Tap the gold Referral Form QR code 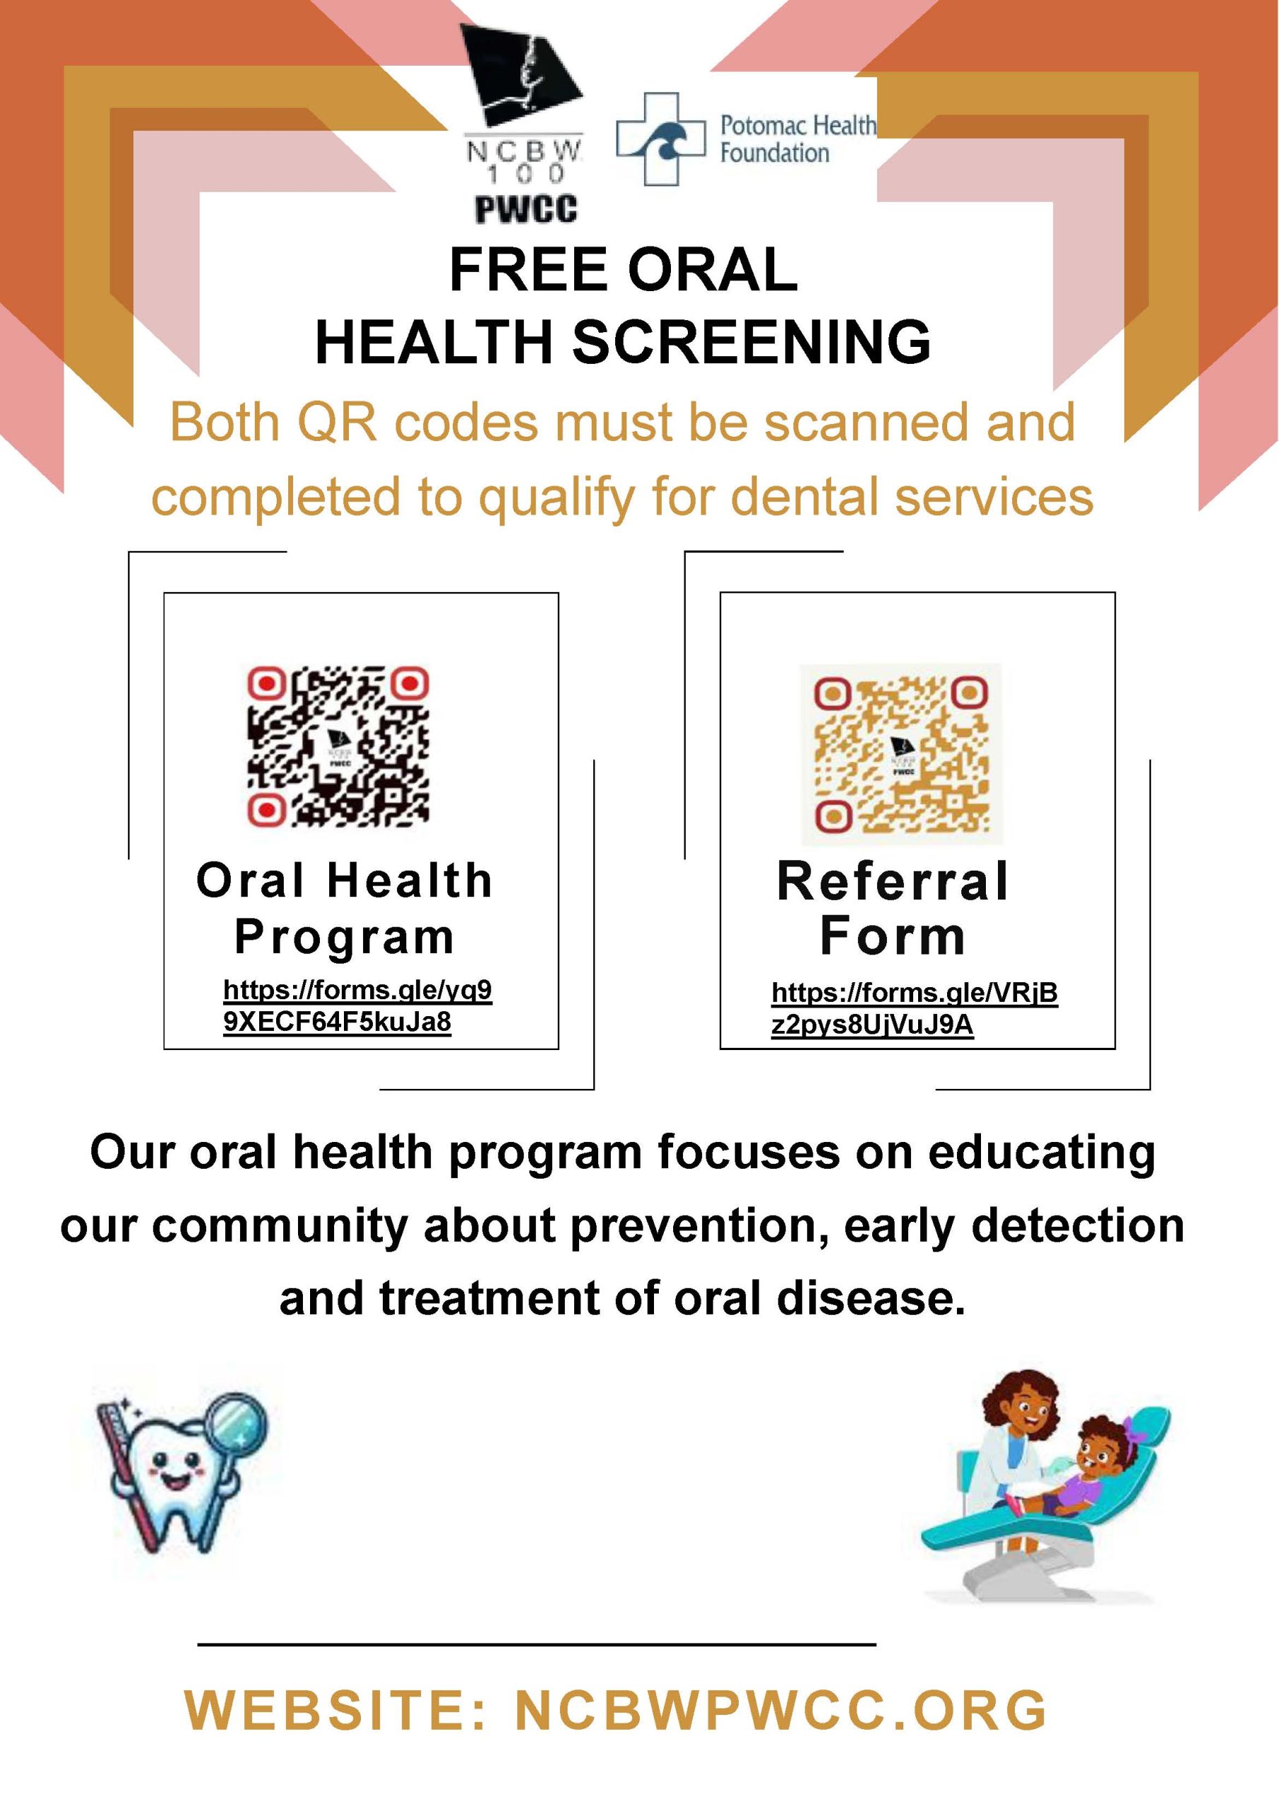click(x=901, y=754)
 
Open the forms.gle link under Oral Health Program click(x=357, y=1006)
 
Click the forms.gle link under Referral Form click(x=915, y=1008)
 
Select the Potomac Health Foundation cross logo click(x=660, y=139)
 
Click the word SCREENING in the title click(x=751, y=342)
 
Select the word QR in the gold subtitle click(x=339, y=423)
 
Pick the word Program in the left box click(x=344, y=938)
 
